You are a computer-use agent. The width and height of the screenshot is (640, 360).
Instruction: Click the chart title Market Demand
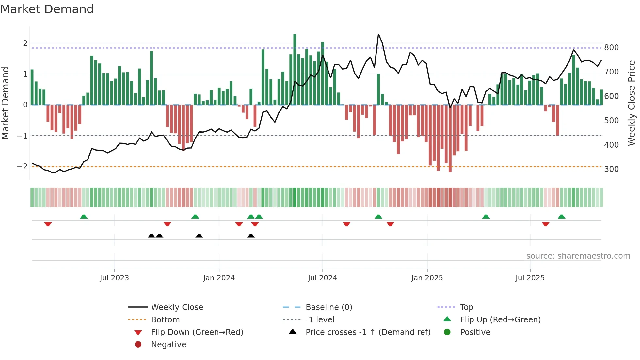(47, 9)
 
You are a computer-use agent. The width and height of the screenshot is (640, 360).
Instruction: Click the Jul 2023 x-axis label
(114, 278)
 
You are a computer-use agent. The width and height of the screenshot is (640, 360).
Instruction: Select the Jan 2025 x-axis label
(427, 278)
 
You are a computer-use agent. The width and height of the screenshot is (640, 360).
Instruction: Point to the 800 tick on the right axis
(611, 48)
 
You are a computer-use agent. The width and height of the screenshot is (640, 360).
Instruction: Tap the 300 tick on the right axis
(611, 169)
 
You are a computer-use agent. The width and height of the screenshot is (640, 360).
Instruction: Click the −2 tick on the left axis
(22, 166)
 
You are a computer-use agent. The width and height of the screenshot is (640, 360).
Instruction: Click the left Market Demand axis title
(5, 103)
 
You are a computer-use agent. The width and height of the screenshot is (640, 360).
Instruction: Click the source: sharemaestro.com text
(578, 256)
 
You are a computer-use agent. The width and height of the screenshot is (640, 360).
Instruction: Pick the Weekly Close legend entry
(177, 307)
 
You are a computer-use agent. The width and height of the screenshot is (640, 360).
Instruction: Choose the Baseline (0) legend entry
(328, 307)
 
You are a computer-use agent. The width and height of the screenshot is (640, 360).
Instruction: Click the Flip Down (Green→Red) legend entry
(197, 332)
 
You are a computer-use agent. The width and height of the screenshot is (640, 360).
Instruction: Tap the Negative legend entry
(168, 345)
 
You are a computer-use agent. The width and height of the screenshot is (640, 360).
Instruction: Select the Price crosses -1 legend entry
(368, 332)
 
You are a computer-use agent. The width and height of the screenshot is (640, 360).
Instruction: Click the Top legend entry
(466, 307)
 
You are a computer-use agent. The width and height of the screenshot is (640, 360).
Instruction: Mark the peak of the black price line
(378, 34)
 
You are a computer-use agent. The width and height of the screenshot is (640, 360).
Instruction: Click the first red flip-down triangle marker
(48, 224)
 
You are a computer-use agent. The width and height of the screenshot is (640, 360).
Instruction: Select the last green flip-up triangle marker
(562, 217)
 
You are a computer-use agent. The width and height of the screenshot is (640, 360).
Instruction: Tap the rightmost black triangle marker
(251, 236)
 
